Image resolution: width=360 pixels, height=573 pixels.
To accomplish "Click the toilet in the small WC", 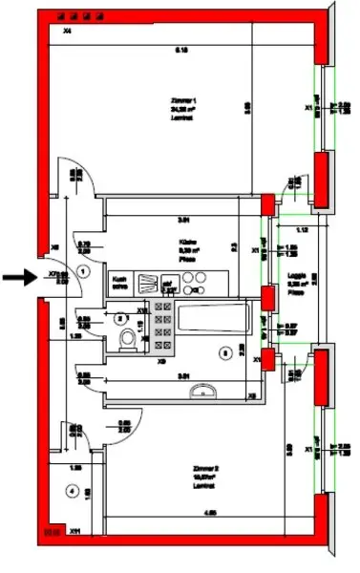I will [125, 342].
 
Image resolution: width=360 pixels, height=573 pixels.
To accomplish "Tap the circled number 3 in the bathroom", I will [224, 352].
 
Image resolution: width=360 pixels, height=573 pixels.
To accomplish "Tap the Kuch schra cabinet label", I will [120, 282].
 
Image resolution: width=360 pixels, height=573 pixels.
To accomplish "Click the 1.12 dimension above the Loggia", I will [302, 231].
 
